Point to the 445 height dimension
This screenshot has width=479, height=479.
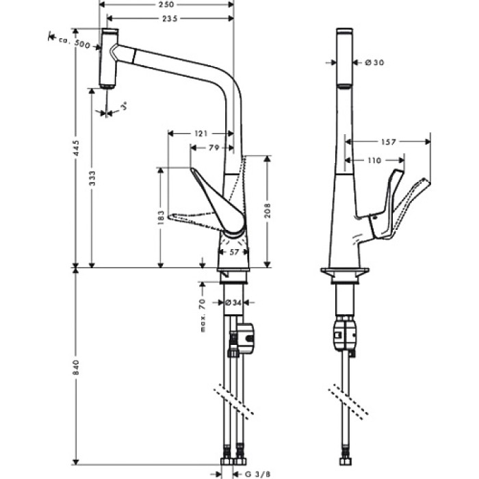click(x=77, y=146)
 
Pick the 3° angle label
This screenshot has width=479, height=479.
click(x=124, y=107)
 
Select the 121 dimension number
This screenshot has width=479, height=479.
click(x=200, y=134)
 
